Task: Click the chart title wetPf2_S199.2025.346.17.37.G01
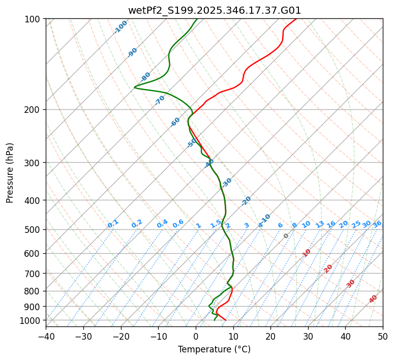(214, 10)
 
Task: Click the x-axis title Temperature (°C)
(214, 349)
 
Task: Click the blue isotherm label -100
(121, 27)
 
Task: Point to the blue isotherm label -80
(146, 77)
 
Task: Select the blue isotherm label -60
(175, 122)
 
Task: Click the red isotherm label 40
(373, 299)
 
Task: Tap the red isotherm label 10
(307, 253)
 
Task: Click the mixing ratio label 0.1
(113, 224)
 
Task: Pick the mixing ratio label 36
(377, 224)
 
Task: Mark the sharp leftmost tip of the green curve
(135, 87)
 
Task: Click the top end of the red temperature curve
(296, 19)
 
